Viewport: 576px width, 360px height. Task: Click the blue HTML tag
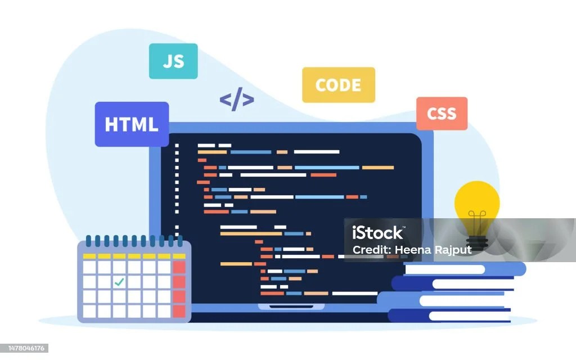coord(132,124)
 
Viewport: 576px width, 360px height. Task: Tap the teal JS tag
coord(173,61)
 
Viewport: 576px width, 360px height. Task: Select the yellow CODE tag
coord(338,85)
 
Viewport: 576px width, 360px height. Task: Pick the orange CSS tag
coord(442,113)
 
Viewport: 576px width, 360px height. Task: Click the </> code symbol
coord(236,100)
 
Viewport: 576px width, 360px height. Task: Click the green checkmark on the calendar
coord(119,282)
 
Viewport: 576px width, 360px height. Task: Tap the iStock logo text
coord(377,232)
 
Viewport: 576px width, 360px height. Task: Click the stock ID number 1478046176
coord(24,348)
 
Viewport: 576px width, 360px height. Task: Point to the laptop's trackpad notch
coord(291,307)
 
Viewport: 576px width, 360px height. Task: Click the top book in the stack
coord(464,269)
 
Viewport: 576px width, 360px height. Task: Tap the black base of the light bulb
coord(477,242)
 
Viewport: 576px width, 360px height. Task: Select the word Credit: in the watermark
coord(371,250)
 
